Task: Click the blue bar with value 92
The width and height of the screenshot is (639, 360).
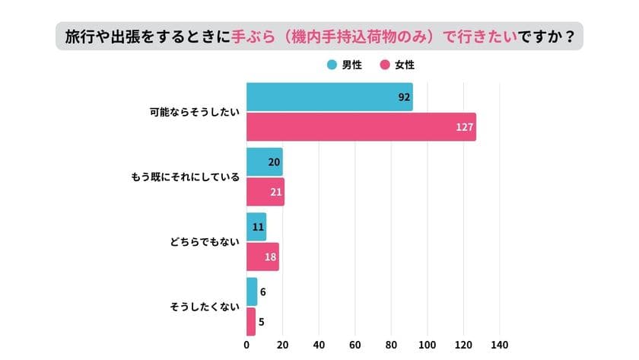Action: click(x=329, y=97)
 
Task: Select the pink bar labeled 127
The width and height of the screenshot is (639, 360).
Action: click(x=361, y=127)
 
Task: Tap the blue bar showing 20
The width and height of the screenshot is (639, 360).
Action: click(x=265, y=162)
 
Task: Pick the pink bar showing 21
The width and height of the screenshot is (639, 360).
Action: click(x=265, y=192)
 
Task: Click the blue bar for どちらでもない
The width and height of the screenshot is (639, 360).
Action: click(x=256, y=227)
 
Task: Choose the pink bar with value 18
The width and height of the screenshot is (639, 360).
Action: click(x=262, y=256)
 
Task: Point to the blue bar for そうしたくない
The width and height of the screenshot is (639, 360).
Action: click(x=252, y=292)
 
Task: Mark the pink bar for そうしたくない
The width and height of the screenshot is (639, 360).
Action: click(x=251, y=321)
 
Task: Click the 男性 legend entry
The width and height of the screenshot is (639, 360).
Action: click(x=346, y=65)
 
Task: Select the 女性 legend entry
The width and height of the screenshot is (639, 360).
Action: click(x=396, y=65)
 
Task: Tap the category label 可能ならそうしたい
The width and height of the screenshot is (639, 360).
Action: click(x=194, y=113)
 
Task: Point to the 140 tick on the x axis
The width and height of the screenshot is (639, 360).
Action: click(x=500, y=344)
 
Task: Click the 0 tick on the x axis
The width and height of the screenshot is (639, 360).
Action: click(x=246, y=344)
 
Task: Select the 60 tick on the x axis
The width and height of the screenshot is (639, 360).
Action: click(x=355, y=344)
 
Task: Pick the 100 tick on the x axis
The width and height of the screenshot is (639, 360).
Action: click(x=428, y=344)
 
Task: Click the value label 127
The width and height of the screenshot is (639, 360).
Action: click(x=463, y=127)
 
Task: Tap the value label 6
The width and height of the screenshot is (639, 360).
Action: click(x=262, y=292)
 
